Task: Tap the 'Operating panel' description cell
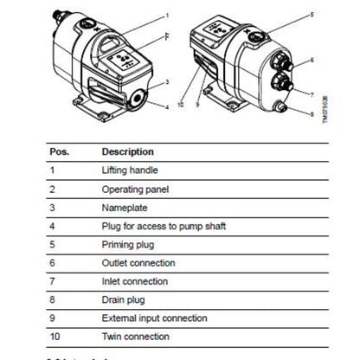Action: (x=134, y=190)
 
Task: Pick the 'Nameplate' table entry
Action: (x=123, y=208)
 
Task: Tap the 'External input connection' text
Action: (x=152, y=318)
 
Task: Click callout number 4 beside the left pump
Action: (x=167, y=108)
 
